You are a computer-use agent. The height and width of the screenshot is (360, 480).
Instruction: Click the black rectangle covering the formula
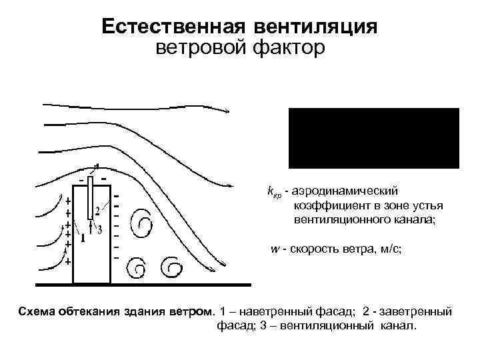coord(373,137)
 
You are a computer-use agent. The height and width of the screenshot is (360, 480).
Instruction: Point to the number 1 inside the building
coord(82,237)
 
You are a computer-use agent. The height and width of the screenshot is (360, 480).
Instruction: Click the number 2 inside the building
coord(97,211)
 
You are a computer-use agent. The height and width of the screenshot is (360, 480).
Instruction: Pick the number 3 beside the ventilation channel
coord(99,230)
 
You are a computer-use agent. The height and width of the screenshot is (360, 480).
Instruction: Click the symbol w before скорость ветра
coord(273,249)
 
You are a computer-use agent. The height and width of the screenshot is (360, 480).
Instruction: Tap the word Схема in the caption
coord(37,311)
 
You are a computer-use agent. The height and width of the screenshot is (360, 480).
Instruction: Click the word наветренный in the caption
coord(273,311)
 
